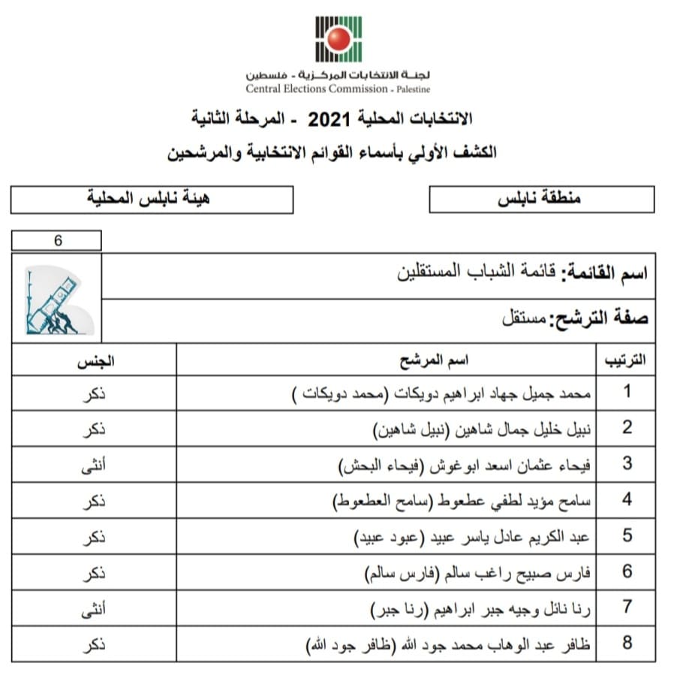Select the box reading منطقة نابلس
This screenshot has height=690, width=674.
coord(540,200)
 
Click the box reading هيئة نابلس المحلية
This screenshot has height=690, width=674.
coord(152,200)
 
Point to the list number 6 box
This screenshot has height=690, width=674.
coord(56,241)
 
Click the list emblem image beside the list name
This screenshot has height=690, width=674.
coord(57,299)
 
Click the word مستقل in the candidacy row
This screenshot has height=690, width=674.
coord(525,318)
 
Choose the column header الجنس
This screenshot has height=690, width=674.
coord(95,360)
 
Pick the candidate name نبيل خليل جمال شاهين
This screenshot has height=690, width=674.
coord(483,428)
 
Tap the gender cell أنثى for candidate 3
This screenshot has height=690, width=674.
coord(94,465)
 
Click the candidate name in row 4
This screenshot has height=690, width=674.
coord(462,500)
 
